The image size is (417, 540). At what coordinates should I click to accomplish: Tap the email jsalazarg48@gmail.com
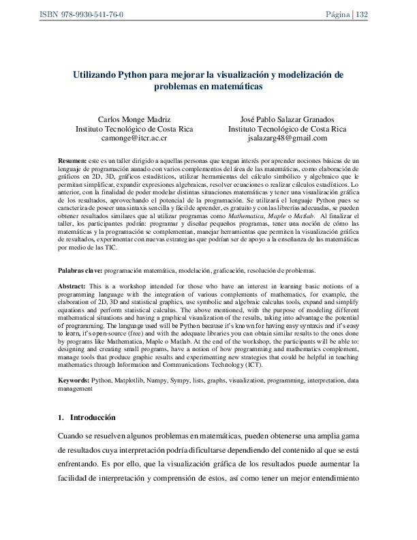287,137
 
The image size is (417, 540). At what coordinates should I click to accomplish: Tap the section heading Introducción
93,417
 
